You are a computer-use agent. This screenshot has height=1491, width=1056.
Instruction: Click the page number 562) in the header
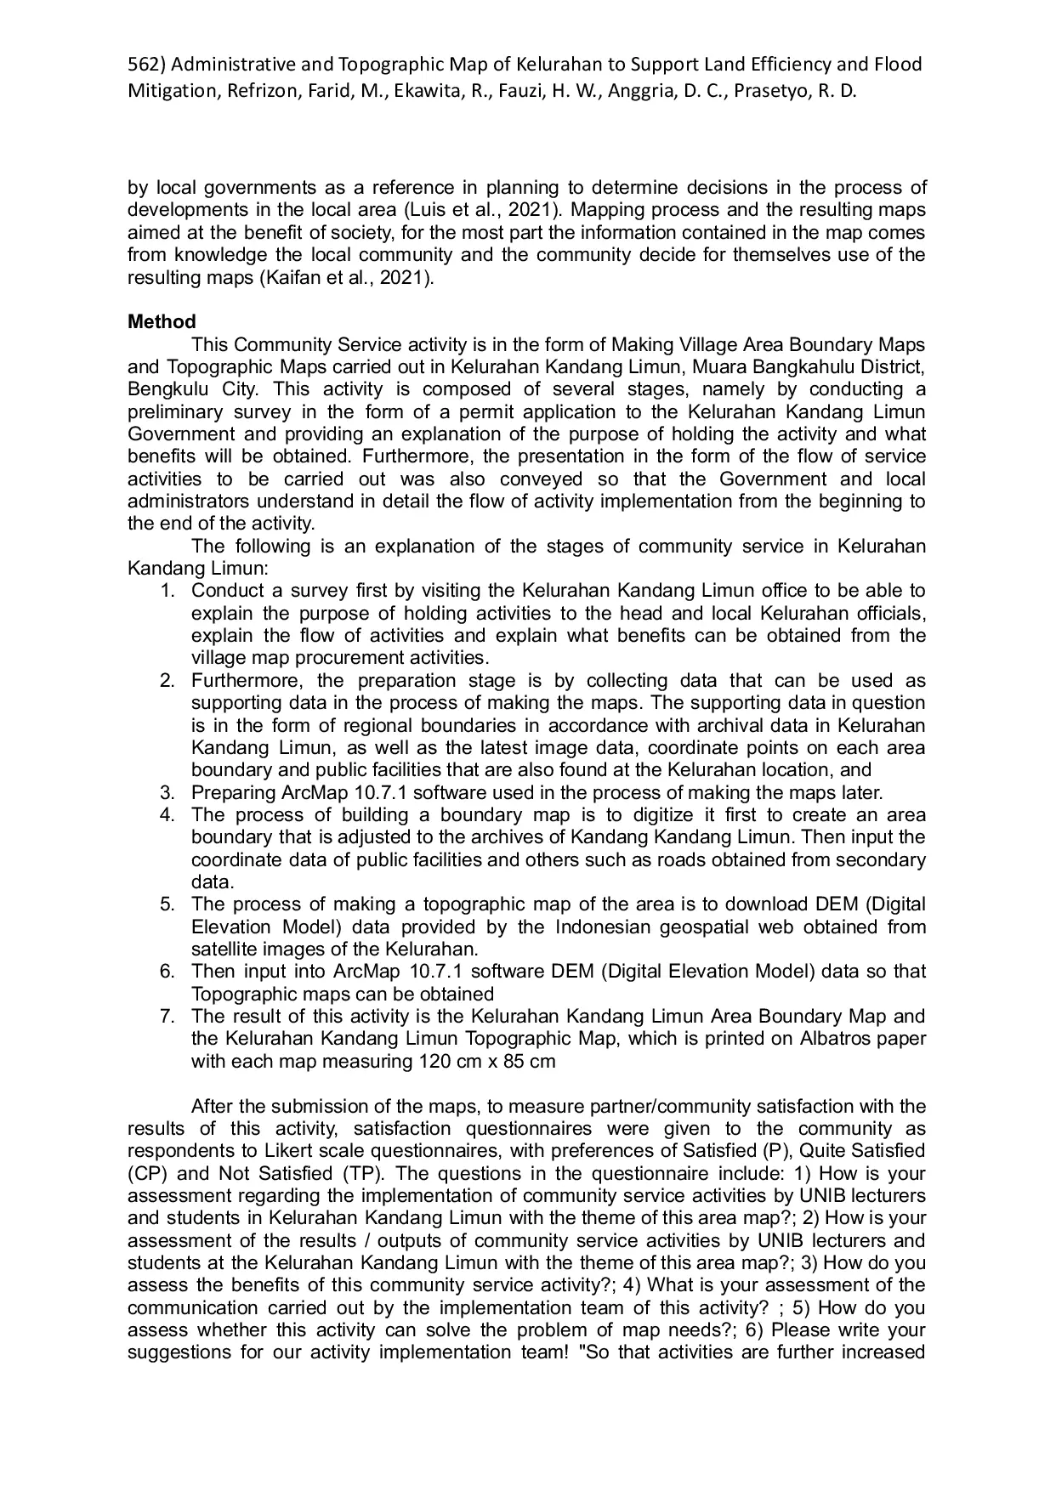pos(146,65)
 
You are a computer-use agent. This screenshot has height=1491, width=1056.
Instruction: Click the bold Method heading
pos(162,322)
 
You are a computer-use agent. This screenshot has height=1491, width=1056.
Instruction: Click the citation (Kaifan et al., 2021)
pos(345,277)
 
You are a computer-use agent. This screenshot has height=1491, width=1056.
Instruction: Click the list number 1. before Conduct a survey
pos(167,591)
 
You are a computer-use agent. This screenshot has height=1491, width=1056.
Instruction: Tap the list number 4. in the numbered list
pos(167,815)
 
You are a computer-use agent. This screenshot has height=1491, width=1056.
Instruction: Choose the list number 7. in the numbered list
pos(167,1017)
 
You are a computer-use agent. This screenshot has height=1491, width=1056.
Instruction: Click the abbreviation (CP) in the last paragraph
pos(145,1174)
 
